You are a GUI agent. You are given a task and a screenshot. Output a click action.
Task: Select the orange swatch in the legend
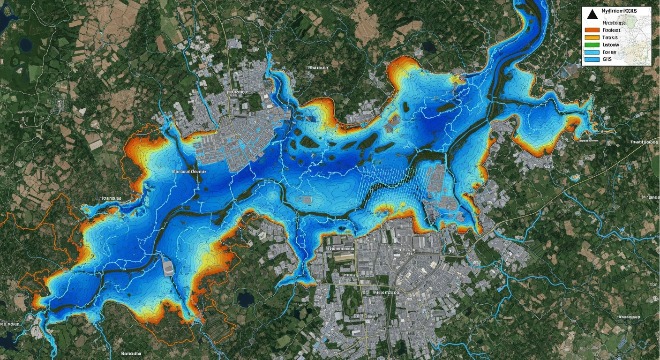click(x=592, y=30)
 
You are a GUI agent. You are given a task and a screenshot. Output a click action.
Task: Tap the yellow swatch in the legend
click(x=592, y=37)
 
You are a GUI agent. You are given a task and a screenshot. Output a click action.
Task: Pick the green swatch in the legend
click(x=592, y=45)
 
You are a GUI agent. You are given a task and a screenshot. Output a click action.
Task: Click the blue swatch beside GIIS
click(x=592, y=60)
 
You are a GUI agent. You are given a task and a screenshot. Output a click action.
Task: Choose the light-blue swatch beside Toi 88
click(x=592, y=52)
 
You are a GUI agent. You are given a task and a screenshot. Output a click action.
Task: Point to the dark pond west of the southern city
click(x=245, y=298)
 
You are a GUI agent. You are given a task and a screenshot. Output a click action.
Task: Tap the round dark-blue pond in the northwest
click(x=25, y=45)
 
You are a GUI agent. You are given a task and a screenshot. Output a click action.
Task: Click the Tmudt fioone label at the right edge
click(x=644, y=141)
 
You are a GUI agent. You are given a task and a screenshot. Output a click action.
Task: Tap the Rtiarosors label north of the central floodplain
click(x=317, y=67)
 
